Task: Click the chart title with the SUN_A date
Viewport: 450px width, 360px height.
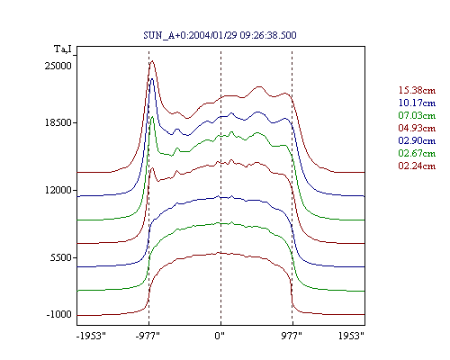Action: (x=220, y=35)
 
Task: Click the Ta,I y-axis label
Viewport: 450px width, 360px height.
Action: (x=63, y=49)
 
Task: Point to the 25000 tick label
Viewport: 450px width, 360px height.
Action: (x=58, y=66)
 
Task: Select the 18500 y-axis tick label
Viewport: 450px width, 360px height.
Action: (x=58, y=122)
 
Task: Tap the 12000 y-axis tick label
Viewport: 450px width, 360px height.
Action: (x=58, y=190)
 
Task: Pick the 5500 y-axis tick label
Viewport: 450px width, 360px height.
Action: (x=61, y=257)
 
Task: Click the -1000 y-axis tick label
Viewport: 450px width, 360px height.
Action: (x=59, y=314)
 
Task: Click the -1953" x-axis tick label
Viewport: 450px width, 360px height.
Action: (x=91, y=336)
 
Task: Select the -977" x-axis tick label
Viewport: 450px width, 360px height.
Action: (x=148, y=336)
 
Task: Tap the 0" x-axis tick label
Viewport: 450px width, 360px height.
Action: (x=220, y=336)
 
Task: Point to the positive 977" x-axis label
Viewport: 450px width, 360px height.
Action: (x=292, y=336)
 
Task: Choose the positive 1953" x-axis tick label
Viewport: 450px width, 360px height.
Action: (x=351, y=336)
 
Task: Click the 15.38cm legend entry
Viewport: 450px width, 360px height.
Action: (x=417, y=90)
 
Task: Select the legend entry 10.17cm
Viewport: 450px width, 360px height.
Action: (x=417, y=103)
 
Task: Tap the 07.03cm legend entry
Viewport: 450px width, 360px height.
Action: (x=417, y=115)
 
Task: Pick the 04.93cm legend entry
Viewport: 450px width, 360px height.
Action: (x=417, y=128)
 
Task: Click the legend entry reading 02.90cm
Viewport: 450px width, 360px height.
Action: (x=417, y=140)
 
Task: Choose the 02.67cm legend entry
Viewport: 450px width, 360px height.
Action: (x=417, y=153)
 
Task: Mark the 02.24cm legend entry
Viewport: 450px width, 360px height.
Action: (x=417, y=166)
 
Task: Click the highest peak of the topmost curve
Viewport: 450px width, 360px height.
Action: (x=153, y=61)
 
